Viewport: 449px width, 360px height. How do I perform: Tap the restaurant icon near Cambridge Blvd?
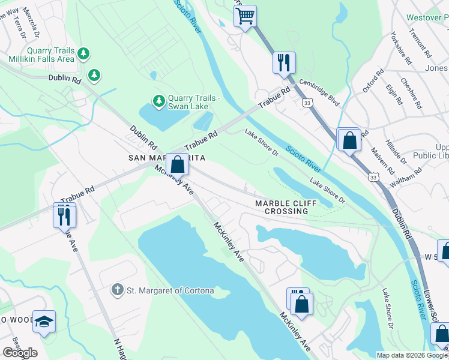coord(284,62)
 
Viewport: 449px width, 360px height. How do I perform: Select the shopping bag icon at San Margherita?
coord(177,164)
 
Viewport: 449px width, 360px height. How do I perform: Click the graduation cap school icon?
coord(44,322)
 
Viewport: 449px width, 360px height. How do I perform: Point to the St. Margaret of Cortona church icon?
coord(118,291)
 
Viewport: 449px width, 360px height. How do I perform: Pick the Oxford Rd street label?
coord(373,82)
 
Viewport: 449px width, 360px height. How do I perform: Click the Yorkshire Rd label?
coord(401,48)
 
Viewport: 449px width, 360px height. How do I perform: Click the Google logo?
coord(20,353)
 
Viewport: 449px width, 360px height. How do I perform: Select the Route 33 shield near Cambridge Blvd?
coord(307,103)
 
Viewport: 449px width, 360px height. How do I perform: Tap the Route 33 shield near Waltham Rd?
coord(373,178)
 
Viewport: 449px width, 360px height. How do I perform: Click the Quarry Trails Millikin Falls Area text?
coord(41,55)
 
